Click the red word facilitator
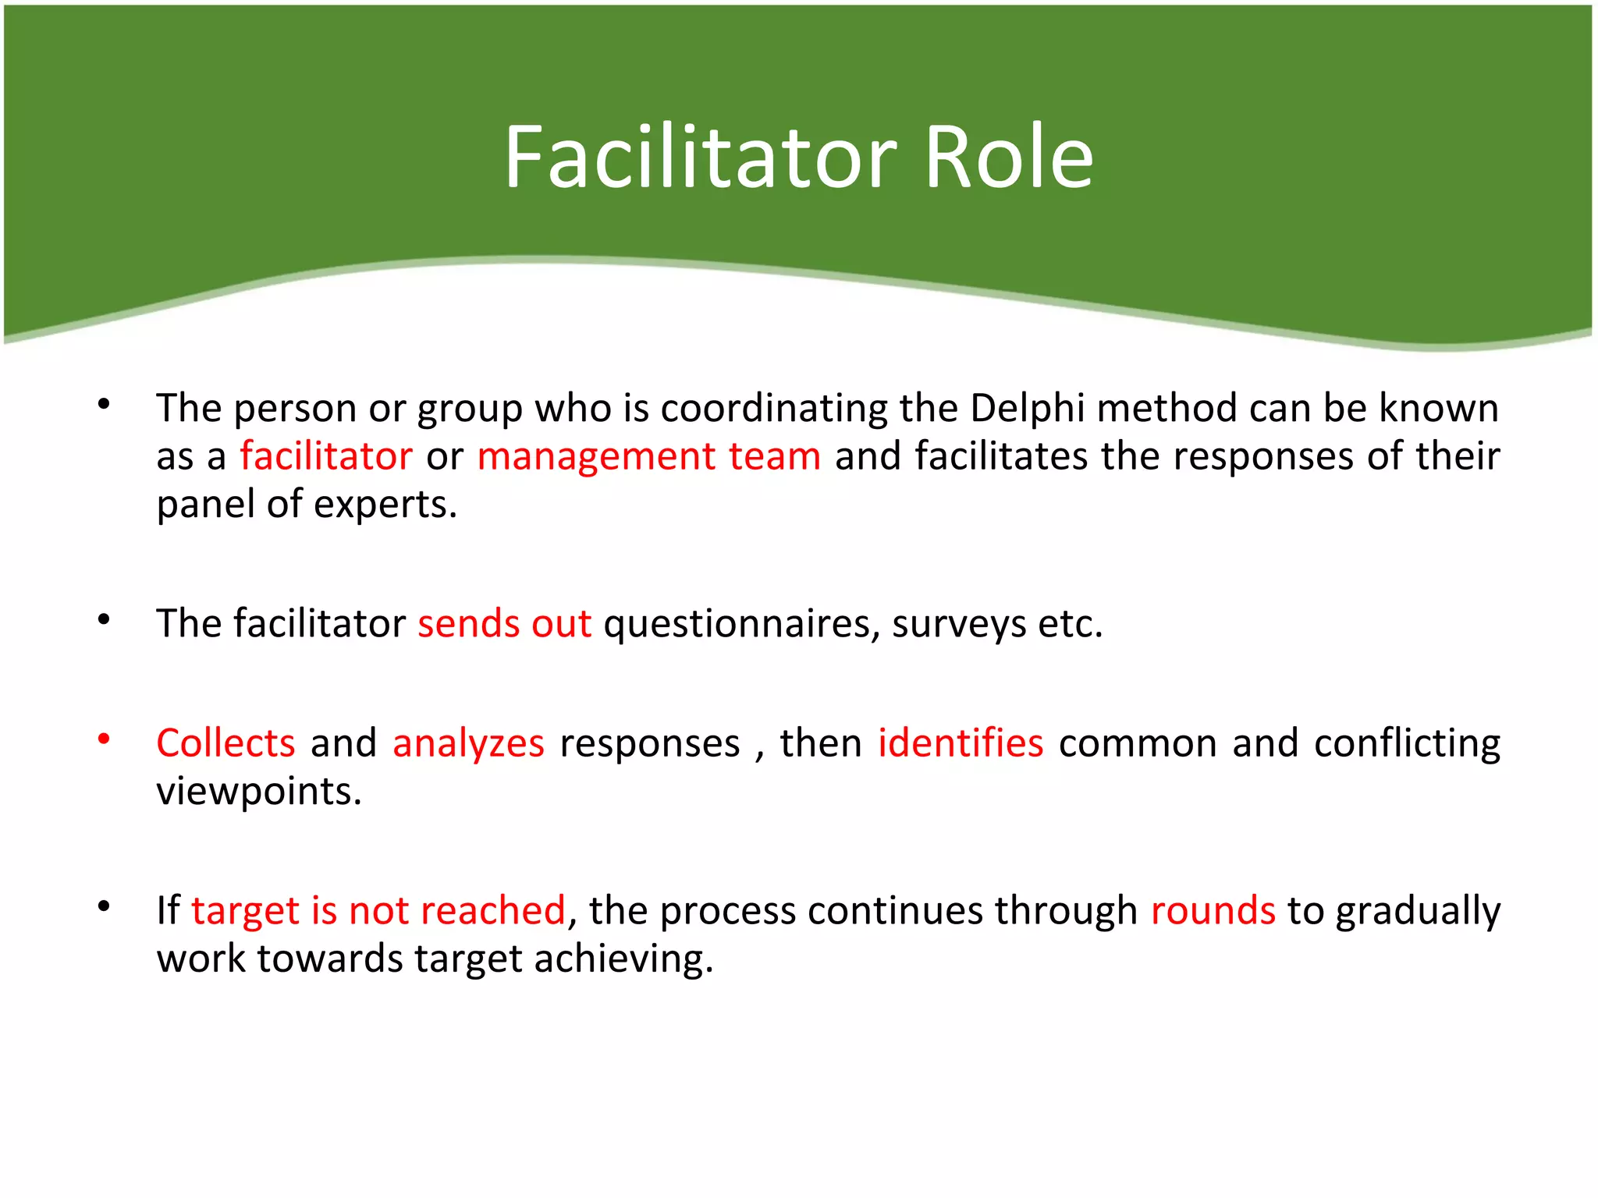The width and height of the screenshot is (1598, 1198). click(x=325, y=456)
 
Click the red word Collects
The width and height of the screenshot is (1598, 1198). click(x=225, y=743)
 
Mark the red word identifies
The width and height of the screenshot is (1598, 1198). click(x=960, y=743)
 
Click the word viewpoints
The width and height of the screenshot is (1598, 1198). click(x=258, y=792)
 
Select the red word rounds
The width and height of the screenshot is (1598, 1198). click(x=1213, y=911)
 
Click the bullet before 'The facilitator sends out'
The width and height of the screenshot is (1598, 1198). click(x=104, y=619)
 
